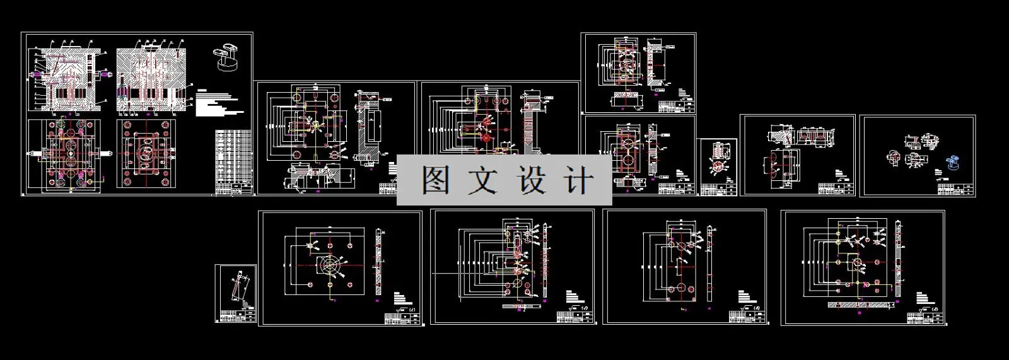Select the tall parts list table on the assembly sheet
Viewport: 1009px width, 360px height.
point(233,161)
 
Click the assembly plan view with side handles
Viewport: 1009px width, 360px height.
point(65,153)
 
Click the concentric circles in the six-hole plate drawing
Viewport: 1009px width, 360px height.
point(329,265)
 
